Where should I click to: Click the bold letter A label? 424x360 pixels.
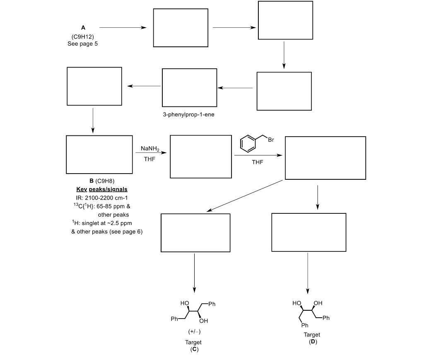(83, 28)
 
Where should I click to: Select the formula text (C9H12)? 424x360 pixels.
(83, 36)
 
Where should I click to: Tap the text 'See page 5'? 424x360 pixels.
(83, 43)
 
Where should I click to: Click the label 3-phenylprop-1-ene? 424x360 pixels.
(189, 114)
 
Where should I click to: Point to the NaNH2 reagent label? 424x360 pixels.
(149, 149)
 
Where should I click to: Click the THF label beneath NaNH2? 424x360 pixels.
(149, 159)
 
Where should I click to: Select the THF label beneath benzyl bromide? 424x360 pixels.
(258, 162)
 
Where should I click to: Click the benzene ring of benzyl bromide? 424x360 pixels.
(248, 144)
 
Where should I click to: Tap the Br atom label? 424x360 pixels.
(271, 140)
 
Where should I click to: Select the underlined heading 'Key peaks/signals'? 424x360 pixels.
(102, 189)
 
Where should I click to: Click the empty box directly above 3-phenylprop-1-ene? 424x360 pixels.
(189, 87)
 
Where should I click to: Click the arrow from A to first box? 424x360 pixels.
(123, 28)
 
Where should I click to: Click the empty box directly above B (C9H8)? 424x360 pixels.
(99, 155)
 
